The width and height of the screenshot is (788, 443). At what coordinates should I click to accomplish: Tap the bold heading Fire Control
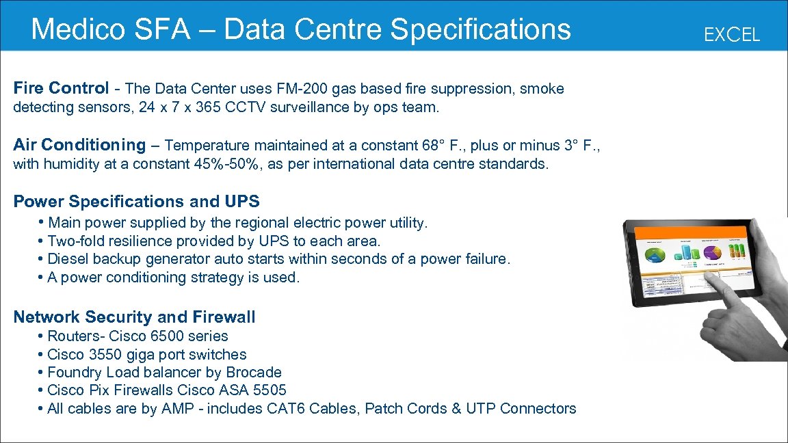(x=61, y=88)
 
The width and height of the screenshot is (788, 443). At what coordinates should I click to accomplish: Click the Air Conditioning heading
(x=79, y=145)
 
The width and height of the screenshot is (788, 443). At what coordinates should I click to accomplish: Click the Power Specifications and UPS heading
(x=137, y=202)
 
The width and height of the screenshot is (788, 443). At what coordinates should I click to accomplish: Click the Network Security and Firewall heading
(x=134, y=317)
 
